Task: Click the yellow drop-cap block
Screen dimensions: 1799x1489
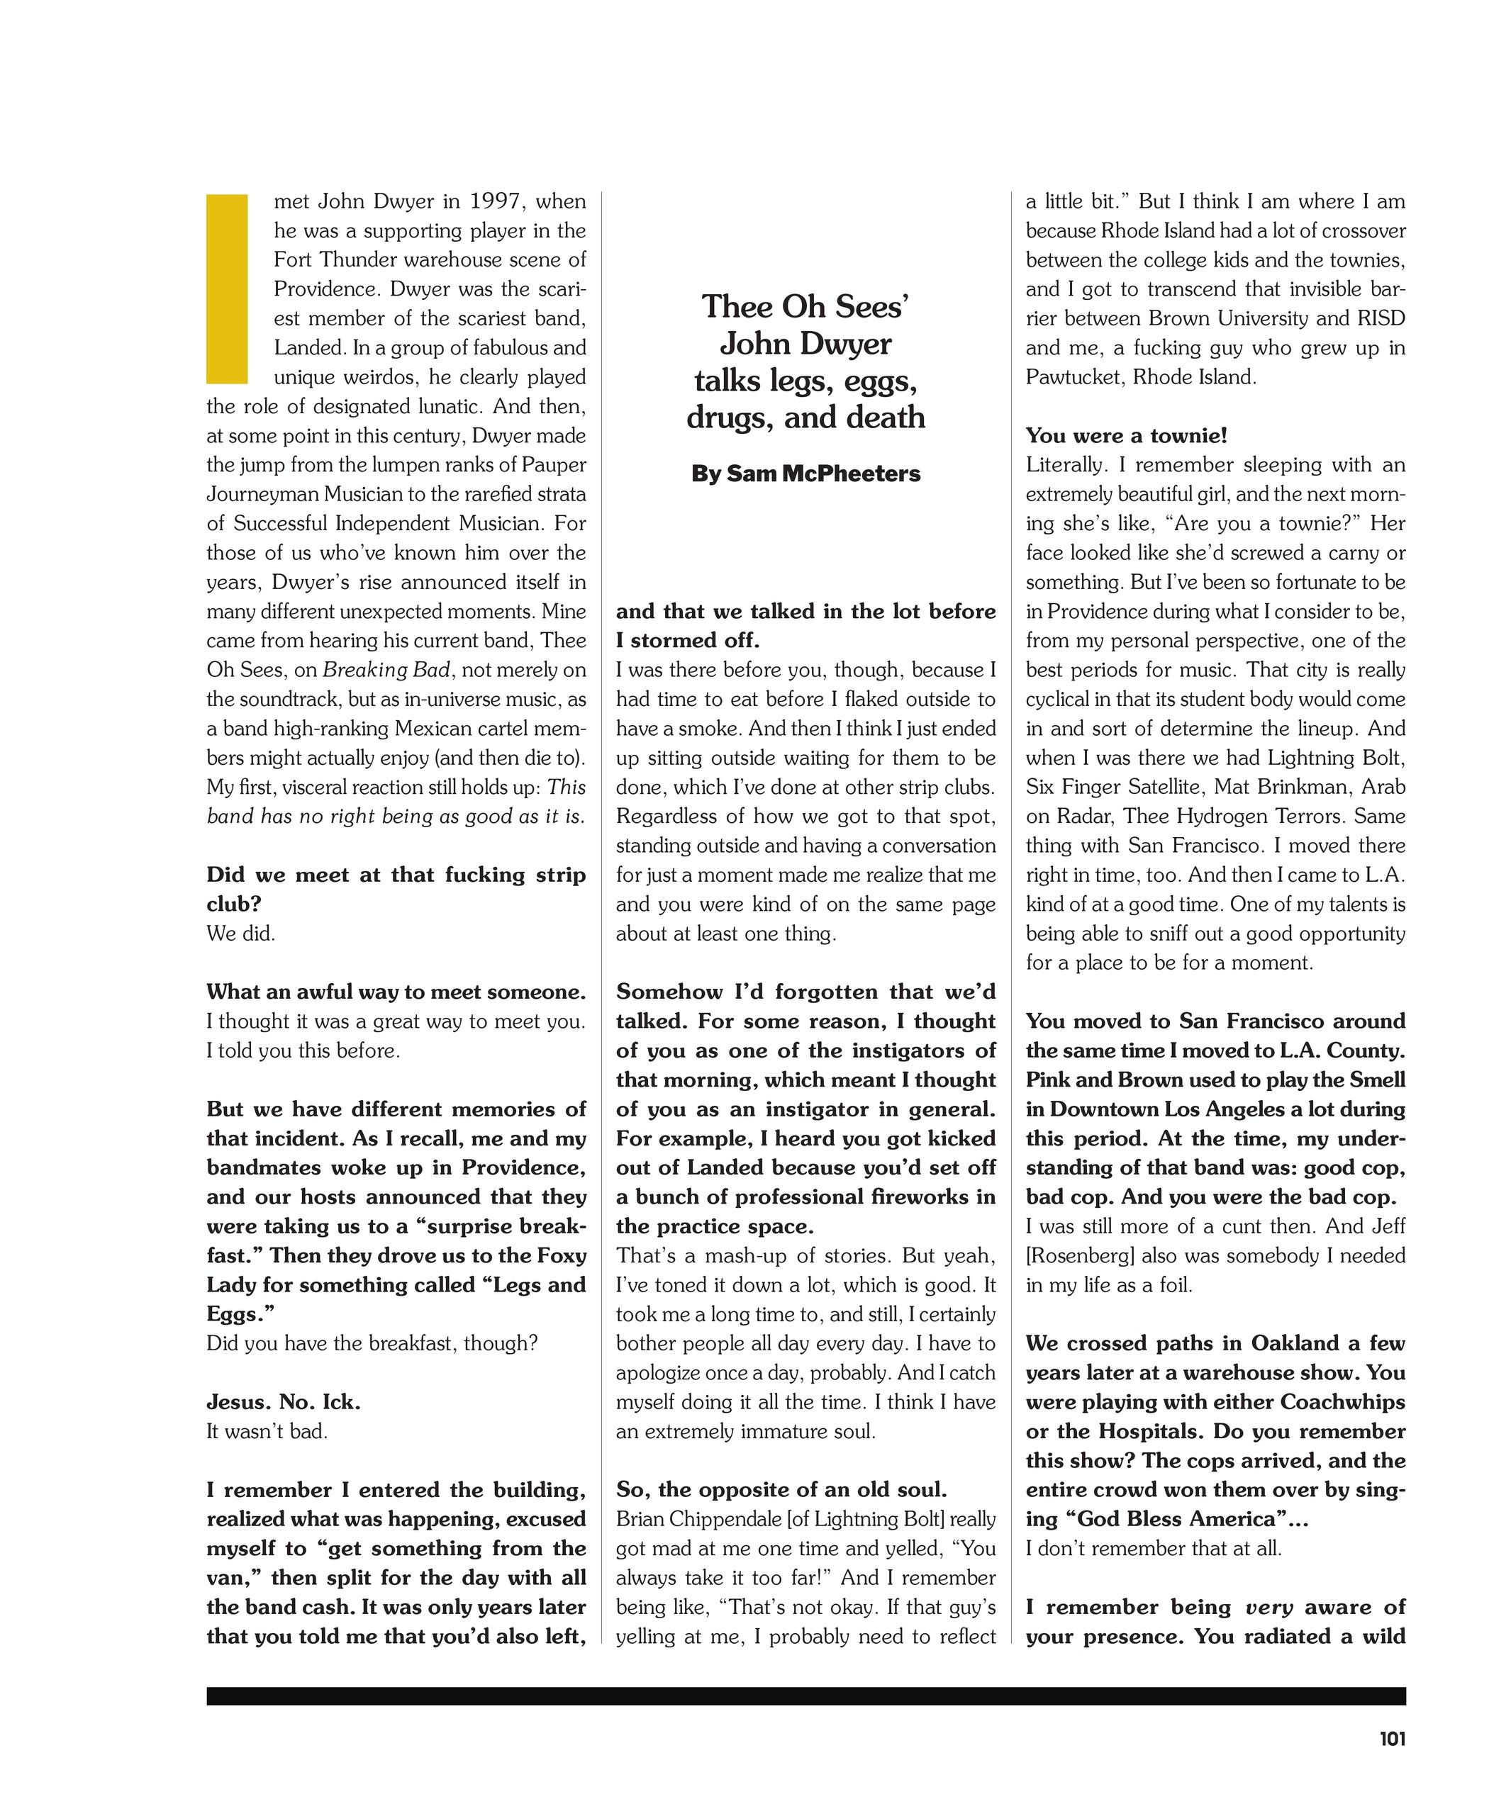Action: tap(227, 288)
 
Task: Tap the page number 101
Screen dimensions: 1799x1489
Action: tap(1392, 1738)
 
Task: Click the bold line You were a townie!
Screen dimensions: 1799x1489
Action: tap(1126, 435)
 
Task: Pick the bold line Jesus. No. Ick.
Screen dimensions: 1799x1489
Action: tap(284, 1401)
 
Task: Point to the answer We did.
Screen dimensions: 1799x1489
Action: tap(241, 933)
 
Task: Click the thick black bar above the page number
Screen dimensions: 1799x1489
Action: tap(805, 1696)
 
